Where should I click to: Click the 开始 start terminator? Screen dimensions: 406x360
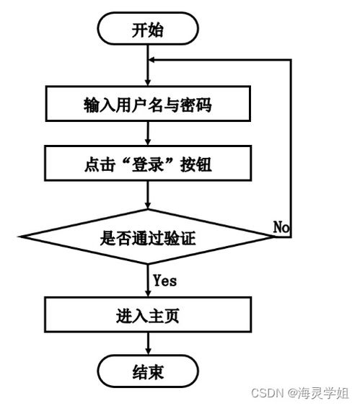pyautogui.click(x=147, y=30)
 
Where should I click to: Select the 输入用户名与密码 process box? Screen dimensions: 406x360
pyautogui.click(x=147, y=105)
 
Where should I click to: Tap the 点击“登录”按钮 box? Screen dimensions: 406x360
pyautogui.click(x=147, y=164)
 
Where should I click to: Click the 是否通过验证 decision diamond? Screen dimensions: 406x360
pyautogui.click(x=147, y=237)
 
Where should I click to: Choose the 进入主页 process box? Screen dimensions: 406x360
pyautogui.click(x=147, y=315)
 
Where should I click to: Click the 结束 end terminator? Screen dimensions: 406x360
pyautogui.click(x=147, y=372)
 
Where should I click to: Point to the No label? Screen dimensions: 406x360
pyautogui.click(x=281, y=226)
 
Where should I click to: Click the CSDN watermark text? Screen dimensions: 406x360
pyautogui.click(x=266, y=393)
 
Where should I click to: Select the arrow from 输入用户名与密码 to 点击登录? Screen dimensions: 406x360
pyautogui.click(x=147, y=133)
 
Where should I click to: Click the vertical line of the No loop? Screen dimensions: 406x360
pyautogui.click(x=291, y=144)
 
